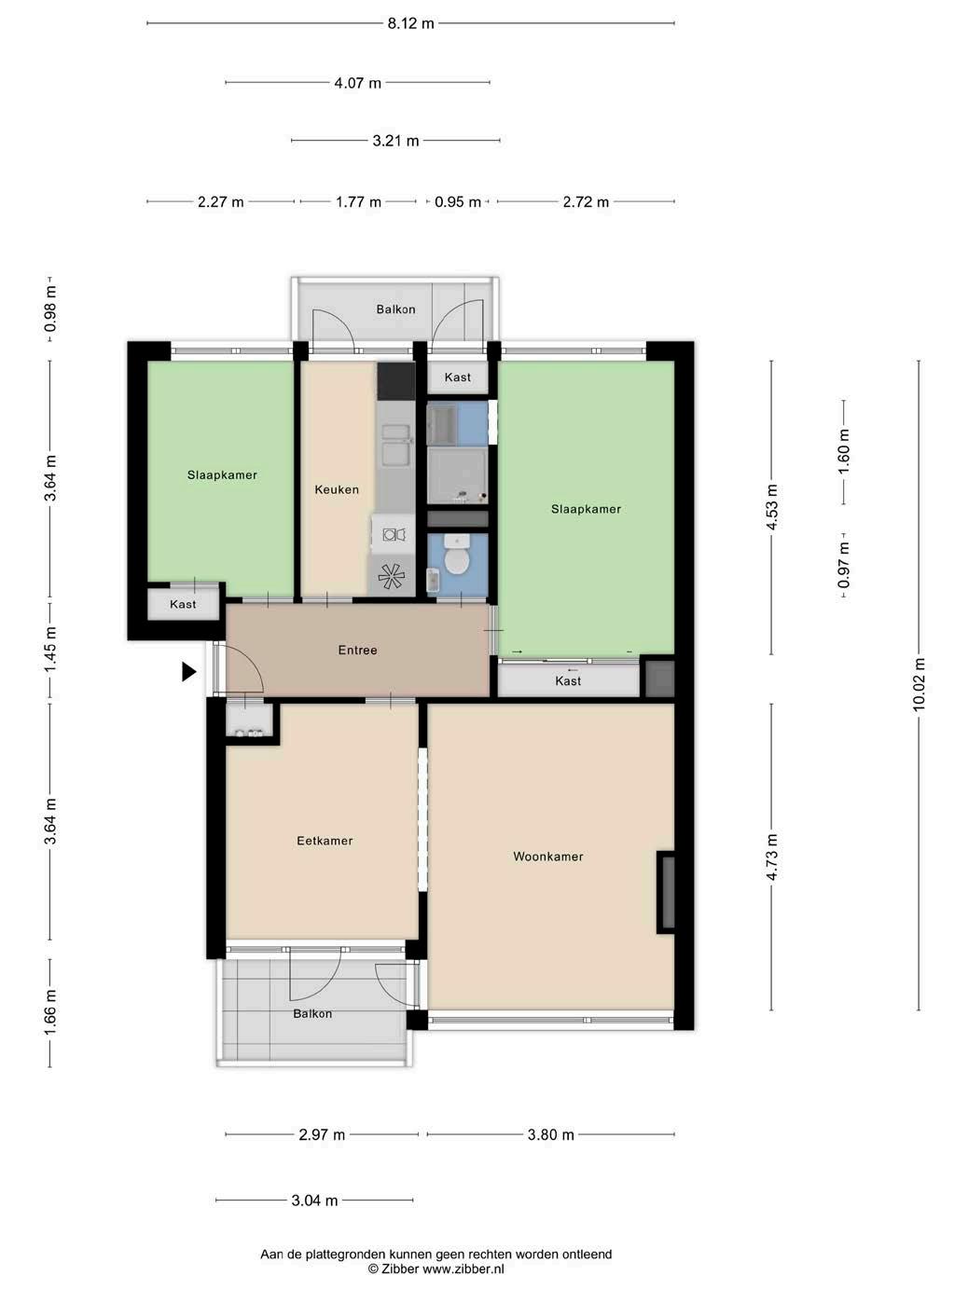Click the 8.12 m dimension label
pos(410,23)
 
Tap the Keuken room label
pos(336,489)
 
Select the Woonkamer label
pos(547,857)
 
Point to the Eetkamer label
pos(325,841)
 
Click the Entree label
pos(357,650)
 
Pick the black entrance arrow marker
pos(188,672)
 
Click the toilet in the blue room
pos(456,556)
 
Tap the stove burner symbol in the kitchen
pos(391,576)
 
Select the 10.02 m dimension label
pos(919,685)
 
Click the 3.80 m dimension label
pos(551,1134)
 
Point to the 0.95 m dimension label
pos(458,202)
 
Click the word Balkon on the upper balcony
pos(395,309)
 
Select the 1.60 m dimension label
pos(843,451)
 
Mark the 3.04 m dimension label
pos(314,1201)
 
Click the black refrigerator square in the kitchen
pos(396,381)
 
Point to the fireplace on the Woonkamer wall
pos(666,892)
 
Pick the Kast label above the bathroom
pos(457,377)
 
